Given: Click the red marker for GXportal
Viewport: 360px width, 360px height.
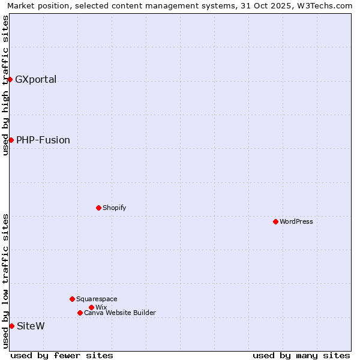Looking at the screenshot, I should point(10,79).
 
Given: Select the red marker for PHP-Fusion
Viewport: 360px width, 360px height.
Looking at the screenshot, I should point(11,140).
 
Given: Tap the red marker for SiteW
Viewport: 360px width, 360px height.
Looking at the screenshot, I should point(11,326).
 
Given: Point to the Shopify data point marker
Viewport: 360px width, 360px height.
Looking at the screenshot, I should point(98,208).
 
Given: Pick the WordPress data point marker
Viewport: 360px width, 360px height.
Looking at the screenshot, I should point(275,221).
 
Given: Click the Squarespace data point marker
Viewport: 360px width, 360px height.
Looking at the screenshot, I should point(72,299).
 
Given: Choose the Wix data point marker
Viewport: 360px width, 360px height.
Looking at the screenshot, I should point(91,307).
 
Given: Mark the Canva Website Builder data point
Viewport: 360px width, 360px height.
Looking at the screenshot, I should point(80,313).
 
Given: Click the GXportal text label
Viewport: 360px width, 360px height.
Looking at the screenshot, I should point(36,79).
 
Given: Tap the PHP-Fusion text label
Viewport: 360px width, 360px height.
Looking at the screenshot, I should point(43,140).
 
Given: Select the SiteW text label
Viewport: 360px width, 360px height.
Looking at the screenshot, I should point(31,326).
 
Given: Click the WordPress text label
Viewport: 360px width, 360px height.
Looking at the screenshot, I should point(296,221).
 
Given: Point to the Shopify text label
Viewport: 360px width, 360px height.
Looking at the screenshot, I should point(115,208).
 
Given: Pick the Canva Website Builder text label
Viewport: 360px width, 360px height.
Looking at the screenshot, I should point(120,313).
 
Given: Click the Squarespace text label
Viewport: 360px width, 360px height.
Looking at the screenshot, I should point(97,299).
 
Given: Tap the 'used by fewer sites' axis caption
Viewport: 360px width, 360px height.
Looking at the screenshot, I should point(62,355).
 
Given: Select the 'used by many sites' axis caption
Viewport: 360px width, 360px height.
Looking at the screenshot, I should point(301,355).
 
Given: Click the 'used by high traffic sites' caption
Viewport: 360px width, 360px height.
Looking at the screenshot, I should point(5,85).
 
